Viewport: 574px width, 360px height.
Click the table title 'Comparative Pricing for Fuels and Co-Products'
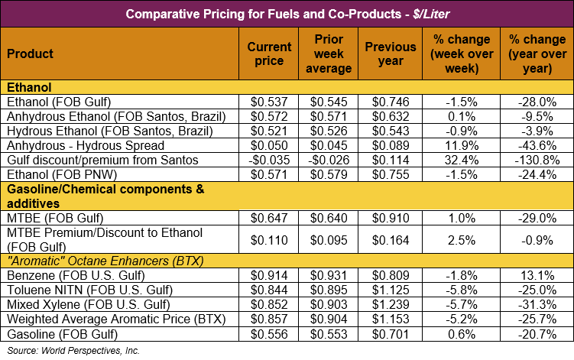point(263,14)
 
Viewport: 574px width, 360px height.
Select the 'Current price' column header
point(269,54)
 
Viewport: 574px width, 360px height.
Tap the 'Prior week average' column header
point(329,54)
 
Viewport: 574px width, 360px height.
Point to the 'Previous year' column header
point(391,54)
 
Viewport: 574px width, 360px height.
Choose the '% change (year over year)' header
point(537,54)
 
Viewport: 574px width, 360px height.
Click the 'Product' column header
point(30,54)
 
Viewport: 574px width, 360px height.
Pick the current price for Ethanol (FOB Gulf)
point(269,102)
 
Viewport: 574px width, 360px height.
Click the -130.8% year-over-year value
point(537,160)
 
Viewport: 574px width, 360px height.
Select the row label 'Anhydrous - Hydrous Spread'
point(86,145)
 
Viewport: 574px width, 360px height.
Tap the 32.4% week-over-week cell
point(462,160)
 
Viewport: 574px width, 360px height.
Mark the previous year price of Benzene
point(391,275)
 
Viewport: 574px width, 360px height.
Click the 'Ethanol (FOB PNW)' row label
point(62,175)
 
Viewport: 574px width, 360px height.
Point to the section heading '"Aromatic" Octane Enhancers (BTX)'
point(105,261)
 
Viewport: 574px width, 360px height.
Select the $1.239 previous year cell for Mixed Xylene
point(391,305)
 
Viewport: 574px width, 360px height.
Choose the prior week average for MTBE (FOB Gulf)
point(329,219)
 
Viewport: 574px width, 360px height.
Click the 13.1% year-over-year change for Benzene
point(537,275)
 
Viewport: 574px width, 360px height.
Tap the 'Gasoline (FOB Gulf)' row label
point(62,334)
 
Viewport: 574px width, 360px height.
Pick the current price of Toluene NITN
point(269,290)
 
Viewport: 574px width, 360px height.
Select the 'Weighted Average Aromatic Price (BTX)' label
point(116,319)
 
